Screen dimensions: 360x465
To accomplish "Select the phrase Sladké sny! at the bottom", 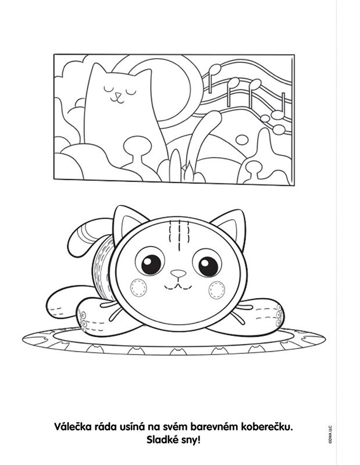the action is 174,440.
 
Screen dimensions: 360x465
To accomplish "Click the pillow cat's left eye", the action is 150,263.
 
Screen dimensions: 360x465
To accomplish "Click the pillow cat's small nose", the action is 179,273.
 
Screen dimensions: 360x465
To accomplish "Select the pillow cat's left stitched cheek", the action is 138,287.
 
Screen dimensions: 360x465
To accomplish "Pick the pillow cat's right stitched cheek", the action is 217,290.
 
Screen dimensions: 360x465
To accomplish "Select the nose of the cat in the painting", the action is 119,95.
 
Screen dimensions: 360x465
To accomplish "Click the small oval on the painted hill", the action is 242,139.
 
